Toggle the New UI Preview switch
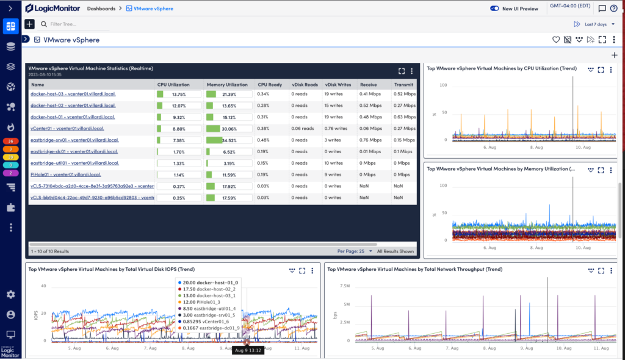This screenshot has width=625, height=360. click(495, 9)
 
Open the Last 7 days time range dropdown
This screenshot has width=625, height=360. click(595, 24)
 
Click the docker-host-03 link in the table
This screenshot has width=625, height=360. click(73, 94)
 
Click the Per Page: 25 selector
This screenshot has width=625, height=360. click(353, 251)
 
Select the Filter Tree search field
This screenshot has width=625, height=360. click(73, 24)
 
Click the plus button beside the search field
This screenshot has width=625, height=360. click(29, 24)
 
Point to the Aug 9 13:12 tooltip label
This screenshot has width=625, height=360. click(248, 351)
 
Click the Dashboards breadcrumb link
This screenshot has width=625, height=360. click(101, 9)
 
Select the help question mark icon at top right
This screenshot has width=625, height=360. click(613, 9)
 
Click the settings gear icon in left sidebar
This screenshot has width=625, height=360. click(11, 295)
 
